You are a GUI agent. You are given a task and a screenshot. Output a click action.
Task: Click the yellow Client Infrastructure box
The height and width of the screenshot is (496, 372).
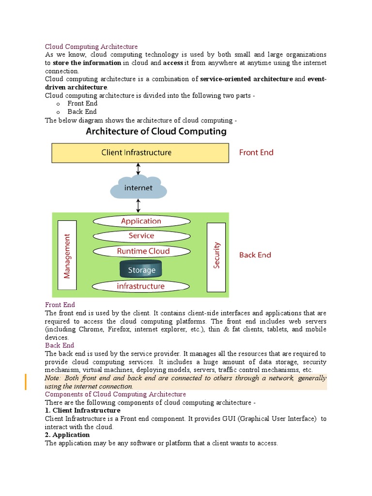140,153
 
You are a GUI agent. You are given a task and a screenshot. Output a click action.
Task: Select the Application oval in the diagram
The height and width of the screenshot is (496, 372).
141,221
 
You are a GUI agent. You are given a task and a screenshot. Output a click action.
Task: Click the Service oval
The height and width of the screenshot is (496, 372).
141,236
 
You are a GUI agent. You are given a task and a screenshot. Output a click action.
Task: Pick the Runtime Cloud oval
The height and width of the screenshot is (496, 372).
140,251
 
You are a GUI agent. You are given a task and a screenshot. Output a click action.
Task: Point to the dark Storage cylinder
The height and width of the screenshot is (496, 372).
141,269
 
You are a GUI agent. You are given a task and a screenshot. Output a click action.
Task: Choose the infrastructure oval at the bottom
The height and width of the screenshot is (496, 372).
140,286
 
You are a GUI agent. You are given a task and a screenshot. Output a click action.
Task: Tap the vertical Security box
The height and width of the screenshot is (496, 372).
216,257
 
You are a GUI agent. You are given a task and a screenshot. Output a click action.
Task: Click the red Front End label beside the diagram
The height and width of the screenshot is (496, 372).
256,153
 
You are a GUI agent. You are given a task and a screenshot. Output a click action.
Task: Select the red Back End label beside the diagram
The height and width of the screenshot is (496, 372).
255,255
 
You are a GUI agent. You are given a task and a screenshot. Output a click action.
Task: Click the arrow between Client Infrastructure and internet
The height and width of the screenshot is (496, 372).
139,169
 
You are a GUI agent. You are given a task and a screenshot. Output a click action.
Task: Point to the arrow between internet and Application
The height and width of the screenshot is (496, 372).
139,206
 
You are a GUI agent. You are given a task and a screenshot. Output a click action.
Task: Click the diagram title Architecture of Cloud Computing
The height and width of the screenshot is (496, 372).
156,131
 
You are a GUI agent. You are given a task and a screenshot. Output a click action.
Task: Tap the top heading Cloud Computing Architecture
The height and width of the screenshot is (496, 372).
91,46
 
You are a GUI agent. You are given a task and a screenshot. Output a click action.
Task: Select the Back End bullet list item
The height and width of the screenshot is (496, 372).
82,111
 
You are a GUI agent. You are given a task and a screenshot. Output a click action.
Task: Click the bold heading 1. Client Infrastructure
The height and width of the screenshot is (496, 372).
82,410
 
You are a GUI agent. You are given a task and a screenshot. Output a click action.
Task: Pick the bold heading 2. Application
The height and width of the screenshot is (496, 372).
67,434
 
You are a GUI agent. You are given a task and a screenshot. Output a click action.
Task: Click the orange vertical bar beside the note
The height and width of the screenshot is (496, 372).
26,382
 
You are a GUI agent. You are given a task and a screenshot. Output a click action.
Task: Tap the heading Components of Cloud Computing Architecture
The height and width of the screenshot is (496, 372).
115,394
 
